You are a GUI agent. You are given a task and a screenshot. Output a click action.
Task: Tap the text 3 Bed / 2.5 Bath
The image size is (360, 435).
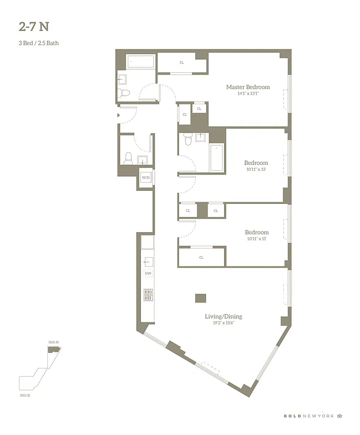pyautogui.click(x=39, y=43)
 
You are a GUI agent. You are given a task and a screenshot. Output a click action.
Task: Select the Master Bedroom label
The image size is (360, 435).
pyautogui.click(x=247, y=87)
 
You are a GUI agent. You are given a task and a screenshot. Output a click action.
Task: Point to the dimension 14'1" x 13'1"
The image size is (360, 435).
pyautogui.click(x=247, y=94)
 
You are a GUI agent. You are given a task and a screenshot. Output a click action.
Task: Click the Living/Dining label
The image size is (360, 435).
pyautogui.click(x=224, y=316)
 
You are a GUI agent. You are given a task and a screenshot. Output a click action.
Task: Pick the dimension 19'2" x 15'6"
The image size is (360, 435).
pyautogui.click(x=224, y=323)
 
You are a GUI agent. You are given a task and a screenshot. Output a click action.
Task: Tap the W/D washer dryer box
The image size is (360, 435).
pyautogui.click(x=146, y=178)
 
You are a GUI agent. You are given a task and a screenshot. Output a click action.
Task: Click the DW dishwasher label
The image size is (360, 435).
pyautogui.click(x=148, y=273)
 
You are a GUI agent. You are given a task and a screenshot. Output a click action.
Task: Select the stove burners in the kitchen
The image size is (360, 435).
pyautogui.click(x=148, y=294)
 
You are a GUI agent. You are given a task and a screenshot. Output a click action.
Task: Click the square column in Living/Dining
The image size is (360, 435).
pyautogui.click(x=201, y=298)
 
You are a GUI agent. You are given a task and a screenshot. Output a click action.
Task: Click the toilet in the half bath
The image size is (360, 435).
pyautogui.click(x=128, y=158)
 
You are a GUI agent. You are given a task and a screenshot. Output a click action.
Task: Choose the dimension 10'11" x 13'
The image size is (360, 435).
pyautogui.click(x=256, y=169)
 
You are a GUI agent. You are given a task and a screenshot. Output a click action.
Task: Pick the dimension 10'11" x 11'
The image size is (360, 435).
pyautogui.click(x=256, y=239)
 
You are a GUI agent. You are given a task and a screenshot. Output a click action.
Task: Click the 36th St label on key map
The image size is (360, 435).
pyautogui.click(x=53, y=342)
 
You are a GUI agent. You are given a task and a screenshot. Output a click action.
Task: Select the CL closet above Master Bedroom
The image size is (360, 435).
pyautogui.click(x=182, y=63)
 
